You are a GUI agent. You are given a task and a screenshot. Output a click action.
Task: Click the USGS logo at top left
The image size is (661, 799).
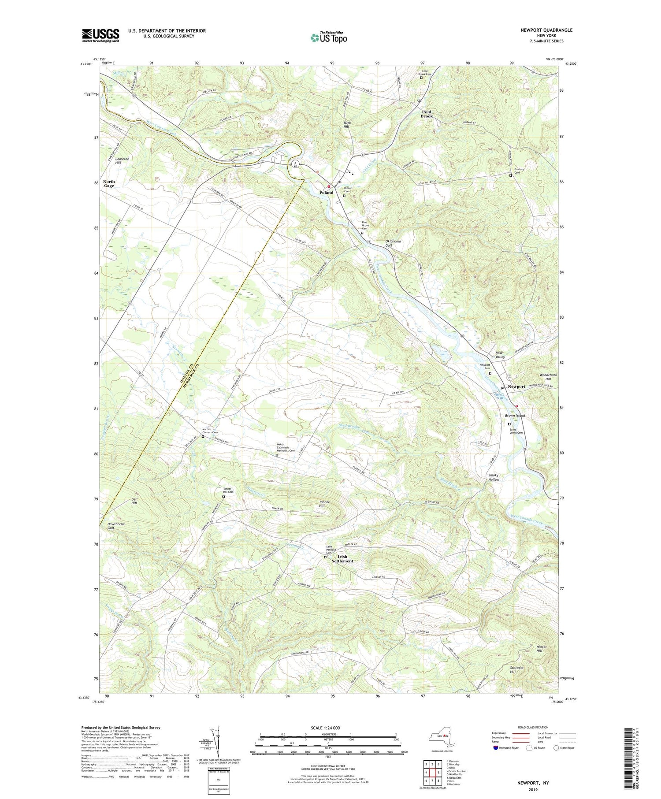tap(100, 35)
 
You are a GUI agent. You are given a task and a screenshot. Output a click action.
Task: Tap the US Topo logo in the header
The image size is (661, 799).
tap(328, 37)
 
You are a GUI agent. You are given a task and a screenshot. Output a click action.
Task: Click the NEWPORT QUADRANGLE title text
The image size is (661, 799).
tap(546, 30)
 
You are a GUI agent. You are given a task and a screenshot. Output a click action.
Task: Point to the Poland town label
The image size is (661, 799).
tap(326, 193)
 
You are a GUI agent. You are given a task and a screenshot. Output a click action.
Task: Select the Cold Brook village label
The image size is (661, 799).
tap(426, 114)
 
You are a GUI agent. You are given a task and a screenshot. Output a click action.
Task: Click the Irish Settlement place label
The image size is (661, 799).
tap(342, 559)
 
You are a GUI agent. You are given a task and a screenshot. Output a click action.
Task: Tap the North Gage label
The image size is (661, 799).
tap(109, 184)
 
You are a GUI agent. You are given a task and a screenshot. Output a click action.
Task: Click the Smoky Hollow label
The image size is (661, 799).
tap(494, 477)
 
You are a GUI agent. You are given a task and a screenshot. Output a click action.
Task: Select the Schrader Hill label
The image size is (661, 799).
tap(516, 669)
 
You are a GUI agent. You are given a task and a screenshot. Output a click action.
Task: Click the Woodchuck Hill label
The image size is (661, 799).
tap(548, 377)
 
